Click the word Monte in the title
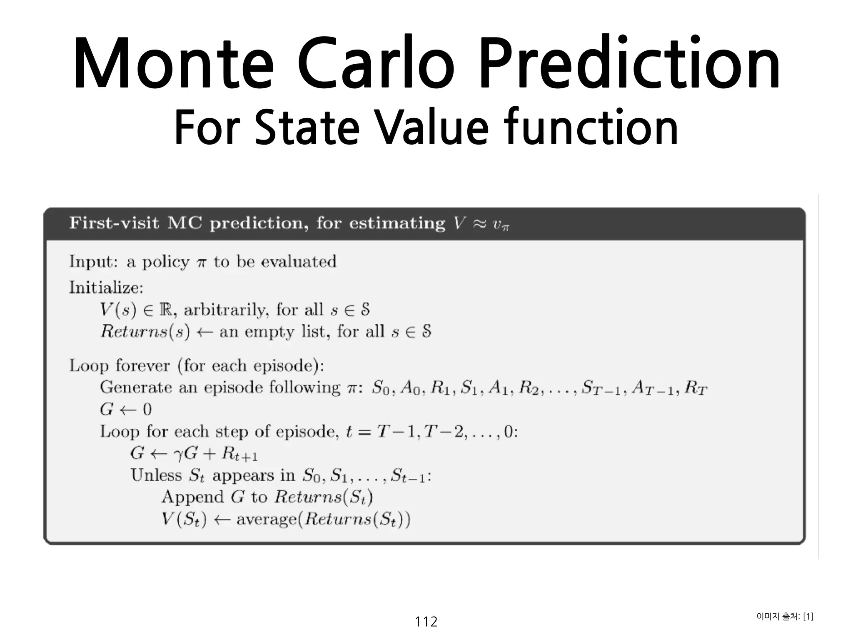click(x=174, y=63)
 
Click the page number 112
click(x=426, y=622)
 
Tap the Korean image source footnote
click(x=785, y=616)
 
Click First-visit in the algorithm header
click(x=114, y=223)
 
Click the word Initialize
click(x=106, y=288)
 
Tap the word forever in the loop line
click(x=143, y=366)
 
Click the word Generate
click(x=136, y=387)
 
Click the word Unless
click(x=156, y=475)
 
